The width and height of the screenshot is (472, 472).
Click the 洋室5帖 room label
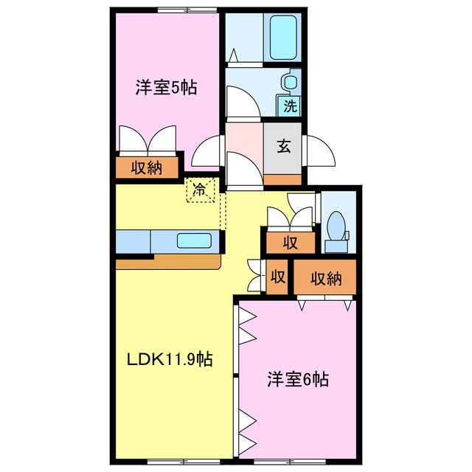coord(166,87)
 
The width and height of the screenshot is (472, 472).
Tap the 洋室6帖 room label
coord(298,381)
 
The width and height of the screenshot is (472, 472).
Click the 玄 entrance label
coord(284,145)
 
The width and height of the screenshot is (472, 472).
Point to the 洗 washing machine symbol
coord(291,105)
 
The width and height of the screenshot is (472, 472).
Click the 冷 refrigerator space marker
coord(200,190)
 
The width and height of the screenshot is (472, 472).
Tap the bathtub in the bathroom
coord(282,38)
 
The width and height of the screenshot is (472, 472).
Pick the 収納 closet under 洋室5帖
coord(147,168)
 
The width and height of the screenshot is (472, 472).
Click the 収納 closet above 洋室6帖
coord(325,278)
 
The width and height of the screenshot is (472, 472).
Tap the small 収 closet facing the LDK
coord(278,277)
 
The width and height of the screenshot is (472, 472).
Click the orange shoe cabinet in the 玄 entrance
coord(282,179)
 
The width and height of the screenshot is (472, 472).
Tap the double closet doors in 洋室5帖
coord(147,140)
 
